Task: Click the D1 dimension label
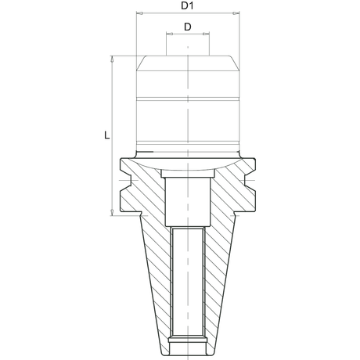coord(187,5)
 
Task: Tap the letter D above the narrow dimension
coord(188,27)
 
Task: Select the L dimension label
coord(106,135)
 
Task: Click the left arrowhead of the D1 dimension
coord(139,13)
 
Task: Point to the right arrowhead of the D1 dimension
coord(236,13)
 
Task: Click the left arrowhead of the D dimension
coord(170,34)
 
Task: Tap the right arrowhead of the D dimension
coord(206,34)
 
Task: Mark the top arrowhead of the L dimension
coord(112,59)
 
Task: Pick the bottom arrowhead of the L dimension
coord(112,212)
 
